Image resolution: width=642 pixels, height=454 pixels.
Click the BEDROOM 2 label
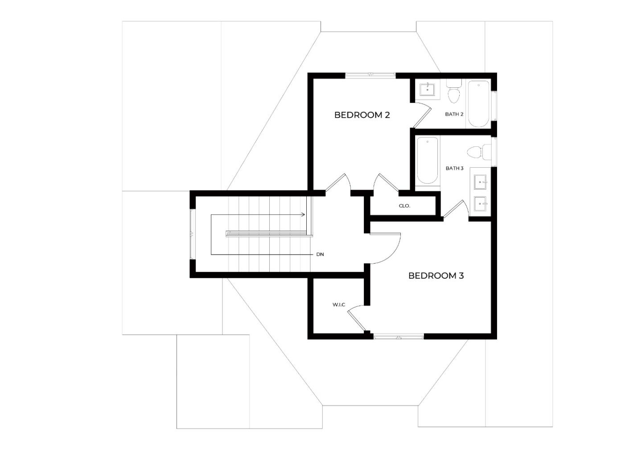(x=362, y=115)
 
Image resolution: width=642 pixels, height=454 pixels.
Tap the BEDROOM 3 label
(x=436, y=276)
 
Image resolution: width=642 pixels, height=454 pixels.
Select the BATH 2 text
(x=454, y=114)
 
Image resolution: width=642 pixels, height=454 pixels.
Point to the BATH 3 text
(x=455, y=168)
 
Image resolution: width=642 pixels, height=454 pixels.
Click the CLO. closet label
(x=404, y=206)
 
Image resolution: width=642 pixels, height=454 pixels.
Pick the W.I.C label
(x=339, y=305)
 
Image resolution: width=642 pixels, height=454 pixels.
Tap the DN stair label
(x=320, y=254)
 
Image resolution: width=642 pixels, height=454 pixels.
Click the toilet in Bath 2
(x=454, y=91)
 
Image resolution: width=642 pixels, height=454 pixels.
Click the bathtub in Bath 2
(x=479, y=104)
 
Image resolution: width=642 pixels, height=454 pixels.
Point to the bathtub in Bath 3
(x=427, y=161)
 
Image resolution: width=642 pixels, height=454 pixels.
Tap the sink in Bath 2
(x=427, y=90)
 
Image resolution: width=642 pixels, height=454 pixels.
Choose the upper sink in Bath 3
(x=480, y=182)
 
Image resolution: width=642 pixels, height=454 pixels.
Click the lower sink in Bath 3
(x=480, y=204)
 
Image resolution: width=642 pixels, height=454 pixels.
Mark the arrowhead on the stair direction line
(x=303, y=215)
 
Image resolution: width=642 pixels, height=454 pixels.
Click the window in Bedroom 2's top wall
(x=370, y=75)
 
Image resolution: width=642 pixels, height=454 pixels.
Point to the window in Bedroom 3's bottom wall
(x=399, y=336)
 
